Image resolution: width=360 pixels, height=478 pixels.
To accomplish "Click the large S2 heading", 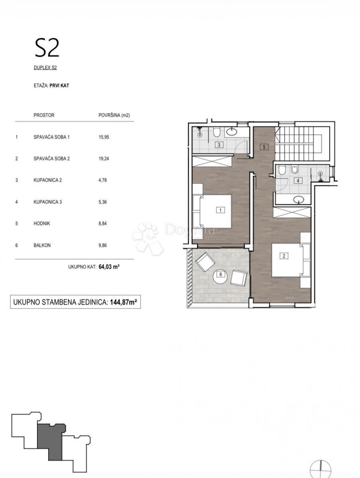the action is pyautogui.click(x=47, y=48).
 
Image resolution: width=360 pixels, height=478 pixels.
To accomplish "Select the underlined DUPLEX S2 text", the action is pyautogui.click(x=45, y=68).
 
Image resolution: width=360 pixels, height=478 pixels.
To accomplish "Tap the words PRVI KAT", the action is pyautogui.click(x=59, y=86).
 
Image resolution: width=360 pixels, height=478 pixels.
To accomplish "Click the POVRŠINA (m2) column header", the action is pyautogui.click(x=114, y=115).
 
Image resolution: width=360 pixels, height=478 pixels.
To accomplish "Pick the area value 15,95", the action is pyautogui.click(x=104, y=137).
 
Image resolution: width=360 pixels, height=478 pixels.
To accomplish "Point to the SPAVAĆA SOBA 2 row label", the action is pyautogui.click(x=52, y=159).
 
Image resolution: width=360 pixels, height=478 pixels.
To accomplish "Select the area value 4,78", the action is pyautogui.click(x=103, y=180).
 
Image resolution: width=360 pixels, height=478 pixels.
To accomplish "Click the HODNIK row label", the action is pyautogui.click(x=42, y=223).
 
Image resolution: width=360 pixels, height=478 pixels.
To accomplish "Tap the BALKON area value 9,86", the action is pyautogui.click(x=103, y=245).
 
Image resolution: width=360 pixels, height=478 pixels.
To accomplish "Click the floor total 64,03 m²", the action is pyautogui.click(x=109, y=267).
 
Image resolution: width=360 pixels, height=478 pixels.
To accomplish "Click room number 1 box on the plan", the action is pyautogui.click(x=221, y=210).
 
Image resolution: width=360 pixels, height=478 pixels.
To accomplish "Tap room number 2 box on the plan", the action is pyautogui.click(x=284, y=256).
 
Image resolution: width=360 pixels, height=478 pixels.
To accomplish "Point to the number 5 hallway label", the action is pyautogui.click(x=264, y=147).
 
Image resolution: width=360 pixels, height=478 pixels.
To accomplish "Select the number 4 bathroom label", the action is pyautogui.click(x=298, y=180).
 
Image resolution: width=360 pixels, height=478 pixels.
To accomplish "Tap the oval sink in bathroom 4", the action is pyautogui.click(x=299, y=199).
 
